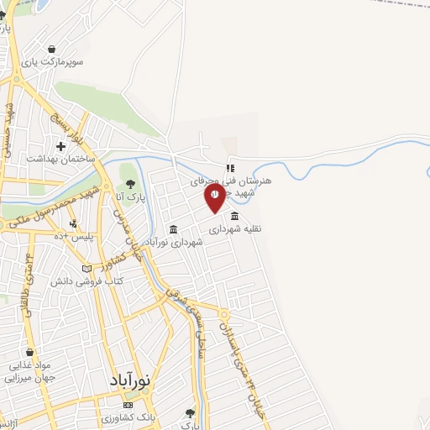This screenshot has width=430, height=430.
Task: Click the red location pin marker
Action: tap(215, 198)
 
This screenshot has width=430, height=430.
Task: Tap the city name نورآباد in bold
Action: tap(130, 380)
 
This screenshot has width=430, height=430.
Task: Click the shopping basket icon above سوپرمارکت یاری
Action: tap(54, 50)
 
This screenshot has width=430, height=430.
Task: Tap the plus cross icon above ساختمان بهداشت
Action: tap(61, 145)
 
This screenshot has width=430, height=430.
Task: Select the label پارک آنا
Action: tap(130, 198)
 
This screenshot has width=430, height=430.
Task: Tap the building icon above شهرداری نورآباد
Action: tap(173, 229)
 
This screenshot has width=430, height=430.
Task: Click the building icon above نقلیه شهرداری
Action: tap(233, 215)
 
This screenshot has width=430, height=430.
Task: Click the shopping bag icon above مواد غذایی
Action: tap(31, 353)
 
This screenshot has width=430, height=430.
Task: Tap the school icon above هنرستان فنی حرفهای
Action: tap(229, 168)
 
